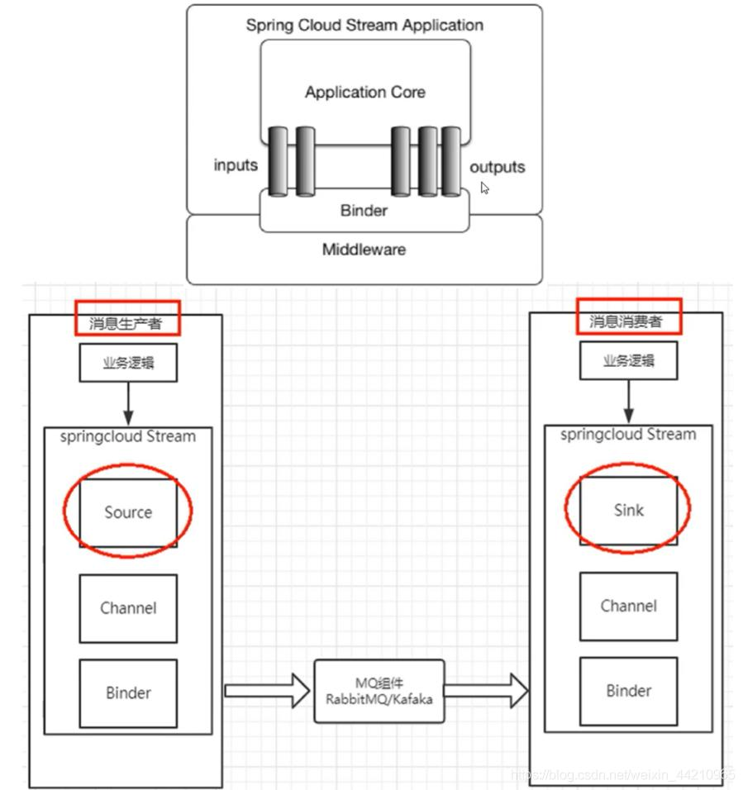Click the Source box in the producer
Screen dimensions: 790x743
click(128, 512)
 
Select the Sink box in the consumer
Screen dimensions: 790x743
click(628, 510)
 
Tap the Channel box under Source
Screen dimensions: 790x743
click(128, 608)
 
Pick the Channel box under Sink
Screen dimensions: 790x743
click(628, 606)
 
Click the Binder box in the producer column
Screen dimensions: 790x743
click(128, 692)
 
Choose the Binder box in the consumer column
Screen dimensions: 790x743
click(628, 691)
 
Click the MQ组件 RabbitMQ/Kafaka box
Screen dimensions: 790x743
click(379, 691)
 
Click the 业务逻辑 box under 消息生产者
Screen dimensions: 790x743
click(128, 363)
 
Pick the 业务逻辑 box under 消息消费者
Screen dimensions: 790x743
click(628, 361)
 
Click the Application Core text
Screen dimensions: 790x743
click(364, 93)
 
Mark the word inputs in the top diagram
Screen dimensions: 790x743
click(236, 165)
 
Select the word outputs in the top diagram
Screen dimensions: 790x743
click(497, 167)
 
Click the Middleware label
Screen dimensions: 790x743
click(364, 249)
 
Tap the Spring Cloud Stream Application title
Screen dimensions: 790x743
click(364, 25)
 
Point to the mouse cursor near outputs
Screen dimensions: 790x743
click(485, 188)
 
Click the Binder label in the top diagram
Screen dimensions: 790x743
click(364, 211)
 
